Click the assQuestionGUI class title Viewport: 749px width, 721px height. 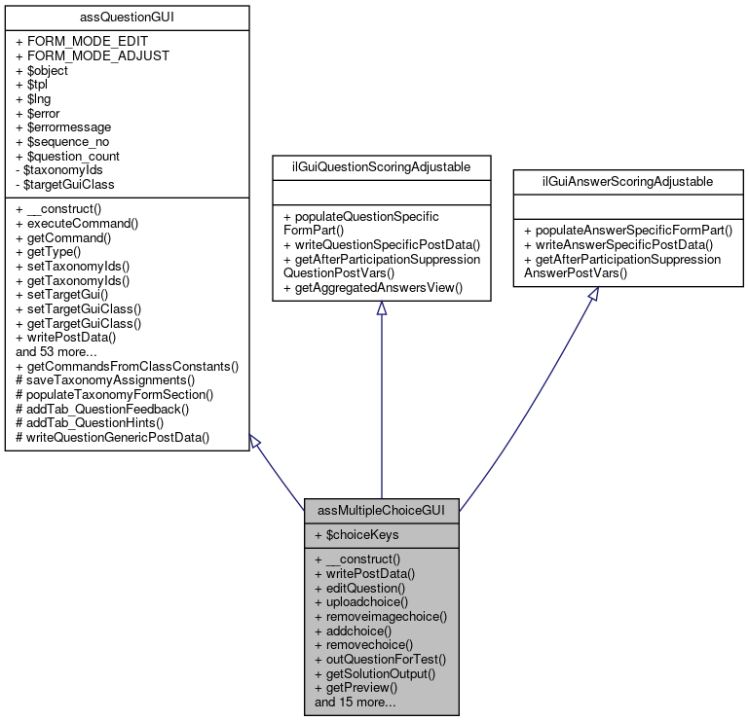127,18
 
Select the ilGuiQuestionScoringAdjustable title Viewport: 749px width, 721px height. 381,167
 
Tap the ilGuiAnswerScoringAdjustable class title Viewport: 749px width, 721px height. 627,181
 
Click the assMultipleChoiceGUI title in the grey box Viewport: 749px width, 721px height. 381,511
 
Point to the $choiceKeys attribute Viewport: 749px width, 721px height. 356,535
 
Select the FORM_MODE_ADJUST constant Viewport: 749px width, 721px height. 93,55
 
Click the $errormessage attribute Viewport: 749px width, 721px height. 63,127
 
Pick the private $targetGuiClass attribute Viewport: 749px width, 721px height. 65,185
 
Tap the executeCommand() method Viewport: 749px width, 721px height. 77,224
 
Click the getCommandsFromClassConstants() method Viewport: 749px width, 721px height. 127,367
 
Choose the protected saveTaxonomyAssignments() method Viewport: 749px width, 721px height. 105,380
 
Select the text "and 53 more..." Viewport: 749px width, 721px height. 56,352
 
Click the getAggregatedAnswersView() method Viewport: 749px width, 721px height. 373,288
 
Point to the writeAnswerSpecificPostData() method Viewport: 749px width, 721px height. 618,245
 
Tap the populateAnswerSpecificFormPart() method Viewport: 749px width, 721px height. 628,231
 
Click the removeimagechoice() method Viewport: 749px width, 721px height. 381,617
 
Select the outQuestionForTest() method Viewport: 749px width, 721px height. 380,660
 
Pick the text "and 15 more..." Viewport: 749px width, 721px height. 355,703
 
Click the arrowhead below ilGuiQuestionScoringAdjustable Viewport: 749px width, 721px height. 381,308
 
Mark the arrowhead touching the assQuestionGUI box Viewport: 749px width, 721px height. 255,442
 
